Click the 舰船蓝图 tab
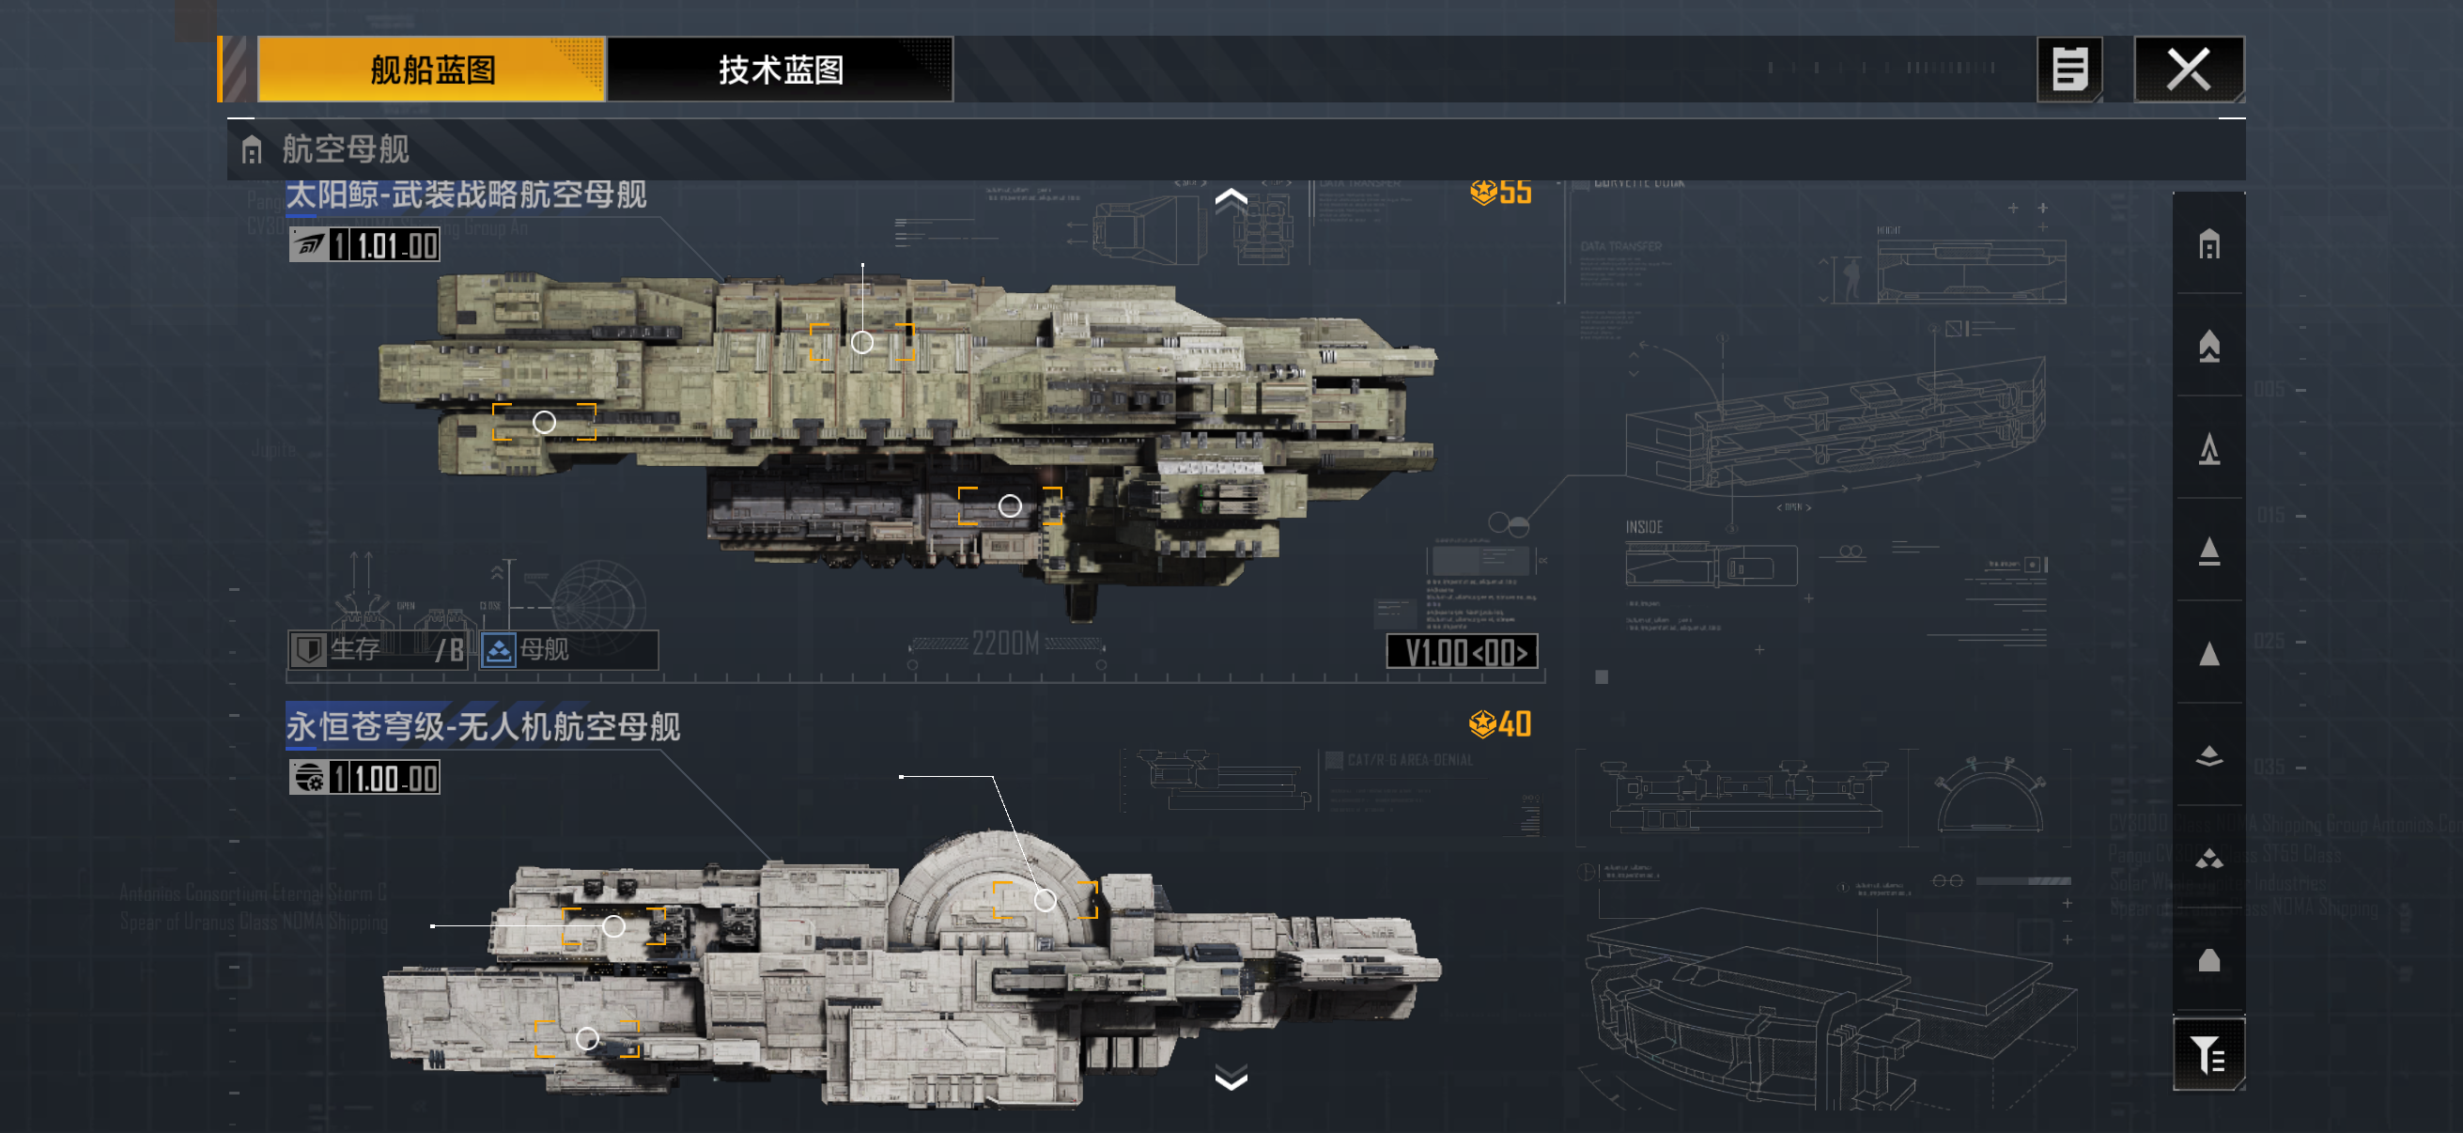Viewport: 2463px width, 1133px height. pyautogui.click(x=431, y=70)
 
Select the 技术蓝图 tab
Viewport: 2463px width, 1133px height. pyautogui.click(x=781, y=70)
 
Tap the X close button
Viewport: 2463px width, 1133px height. pyautogui.click(x=2188, y=70)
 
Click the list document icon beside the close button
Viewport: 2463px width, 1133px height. pyautogui.click(x=2069, y=70)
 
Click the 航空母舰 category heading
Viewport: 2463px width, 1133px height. pyautogui.click(x=344, y=149)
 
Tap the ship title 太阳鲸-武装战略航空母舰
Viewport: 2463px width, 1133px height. pyautogui.click(x=466, y=195)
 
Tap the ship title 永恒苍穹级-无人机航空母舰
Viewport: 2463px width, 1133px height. pyautogui.click(x=483, y=726)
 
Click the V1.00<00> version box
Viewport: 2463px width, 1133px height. pyautogui.click(x=1462, y=652)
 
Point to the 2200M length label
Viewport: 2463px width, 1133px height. pyautogui.click(x=1005, y=644)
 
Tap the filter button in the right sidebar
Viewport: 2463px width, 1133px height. pyautogui.click(x=2208, y=1055)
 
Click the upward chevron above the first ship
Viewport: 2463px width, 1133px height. pyautogui.click(x=1231, y=198)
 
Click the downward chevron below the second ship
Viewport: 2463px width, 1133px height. pyautogui.click(x=1231, y=1080)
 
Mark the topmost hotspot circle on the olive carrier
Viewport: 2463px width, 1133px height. pyautogui.click(x=862, y=342)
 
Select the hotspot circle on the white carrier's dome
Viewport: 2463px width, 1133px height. pyautogui.click(x=1046, y=900)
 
